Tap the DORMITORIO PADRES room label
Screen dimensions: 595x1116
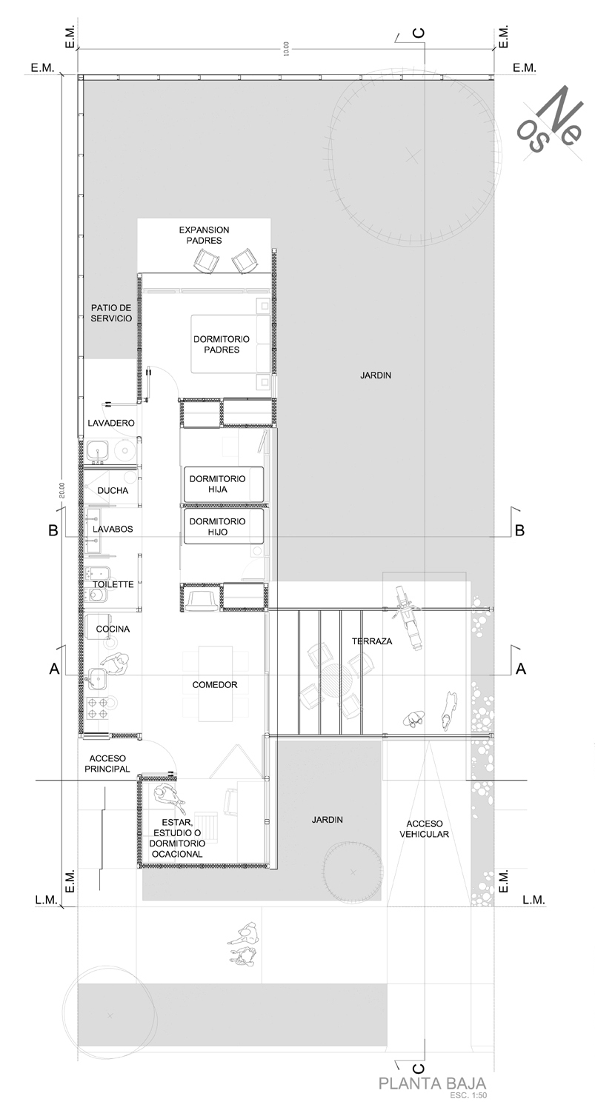[x=222, y=344]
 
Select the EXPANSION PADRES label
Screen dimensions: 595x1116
[x=204, y=235]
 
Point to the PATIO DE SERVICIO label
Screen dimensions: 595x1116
[x=111, y=313]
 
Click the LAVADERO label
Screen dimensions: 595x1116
[x=111, y=423]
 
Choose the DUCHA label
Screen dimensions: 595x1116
[x=113, y=491]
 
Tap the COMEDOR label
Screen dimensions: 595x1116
[x=215, y=685]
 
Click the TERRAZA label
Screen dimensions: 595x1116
[x=372, y=641]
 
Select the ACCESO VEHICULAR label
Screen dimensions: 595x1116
[x=424, y=829]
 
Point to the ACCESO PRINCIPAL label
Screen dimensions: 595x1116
[x=107, y=764]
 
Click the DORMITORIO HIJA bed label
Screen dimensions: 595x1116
[x=217, y=484]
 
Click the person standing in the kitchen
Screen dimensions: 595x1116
[x=116, y=663]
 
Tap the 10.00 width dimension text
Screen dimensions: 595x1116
[x=285, y=49]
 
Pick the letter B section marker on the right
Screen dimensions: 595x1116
[x=519, y=531]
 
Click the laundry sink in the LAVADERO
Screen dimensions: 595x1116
[x=99, y=452]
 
